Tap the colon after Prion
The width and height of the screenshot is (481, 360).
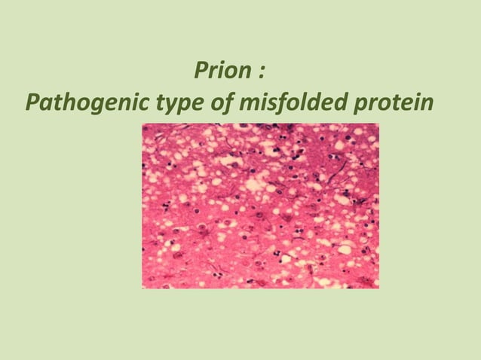(x=260, y=74)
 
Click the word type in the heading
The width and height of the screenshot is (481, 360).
(x=179, y=102)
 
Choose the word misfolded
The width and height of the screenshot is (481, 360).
(x=290, y=101)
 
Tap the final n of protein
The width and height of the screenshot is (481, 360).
(x=428, y=102)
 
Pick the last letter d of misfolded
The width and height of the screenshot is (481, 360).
(x=336, y=100)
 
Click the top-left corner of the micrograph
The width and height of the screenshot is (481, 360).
(x=143, y=124)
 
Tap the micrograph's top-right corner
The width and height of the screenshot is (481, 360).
(x=378, y=124)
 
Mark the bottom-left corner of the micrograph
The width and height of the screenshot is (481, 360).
(x=143, y=288)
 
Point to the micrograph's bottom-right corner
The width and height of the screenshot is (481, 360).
(x=378, y=288)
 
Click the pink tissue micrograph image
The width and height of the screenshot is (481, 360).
(x=261, y=206)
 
